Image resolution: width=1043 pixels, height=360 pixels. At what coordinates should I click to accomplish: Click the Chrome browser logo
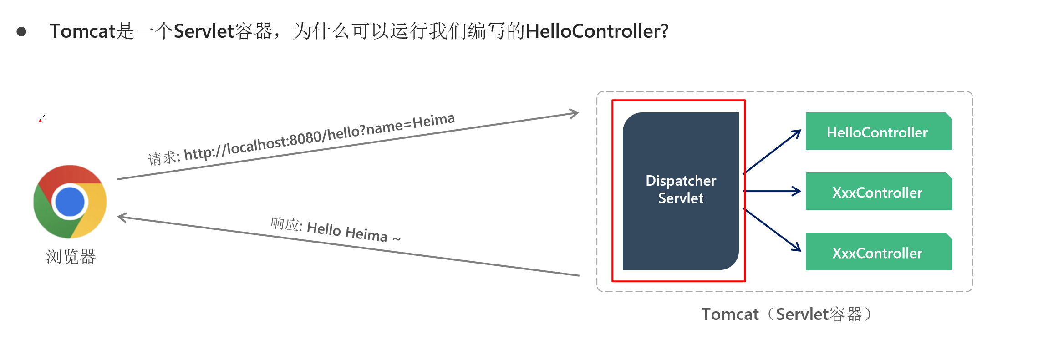(x=70, y=202)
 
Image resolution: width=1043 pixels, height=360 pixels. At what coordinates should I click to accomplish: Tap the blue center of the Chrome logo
(x=70, y=202)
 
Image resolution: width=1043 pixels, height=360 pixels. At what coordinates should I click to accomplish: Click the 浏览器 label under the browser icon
(x=71, y=257)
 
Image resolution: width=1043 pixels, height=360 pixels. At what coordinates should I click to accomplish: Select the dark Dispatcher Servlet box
(x=681, y=191)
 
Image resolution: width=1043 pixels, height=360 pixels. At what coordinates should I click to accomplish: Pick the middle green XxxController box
(x=879, y=191)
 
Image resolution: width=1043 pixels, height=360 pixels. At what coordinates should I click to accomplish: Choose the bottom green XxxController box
(x=879, y=252)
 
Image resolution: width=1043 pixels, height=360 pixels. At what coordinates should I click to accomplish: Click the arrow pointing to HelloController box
(x=772, y=152)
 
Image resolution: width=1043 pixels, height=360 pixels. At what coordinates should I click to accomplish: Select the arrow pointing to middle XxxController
(x=772, y=191)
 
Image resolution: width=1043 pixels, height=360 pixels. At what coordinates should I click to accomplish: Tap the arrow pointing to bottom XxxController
(x=772, y=230)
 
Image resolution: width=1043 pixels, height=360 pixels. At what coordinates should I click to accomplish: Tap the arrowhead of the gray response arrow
(x=122, y=218)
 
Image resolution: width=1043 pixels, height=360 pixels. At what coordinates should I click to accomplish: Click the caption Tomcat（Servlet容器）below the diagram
(x=787, y=314)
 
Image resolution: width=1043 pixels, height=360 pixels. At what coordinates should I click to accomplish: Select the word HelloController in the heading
(x=597, y=31)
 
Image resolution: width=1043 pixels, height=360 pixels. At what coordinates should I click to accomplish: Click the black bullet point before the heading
(x=21, y=32)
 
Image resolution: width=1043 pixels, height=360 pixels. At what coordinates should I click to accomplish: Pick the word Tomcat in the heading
(x=82, y=31)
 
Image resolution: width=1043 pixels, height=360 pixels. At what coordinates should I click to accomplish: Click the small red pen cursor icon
(x=42, y=119)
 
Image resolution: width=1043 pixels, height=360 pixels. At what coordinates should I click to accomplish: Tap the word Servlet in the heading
(x=204, y=31)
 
